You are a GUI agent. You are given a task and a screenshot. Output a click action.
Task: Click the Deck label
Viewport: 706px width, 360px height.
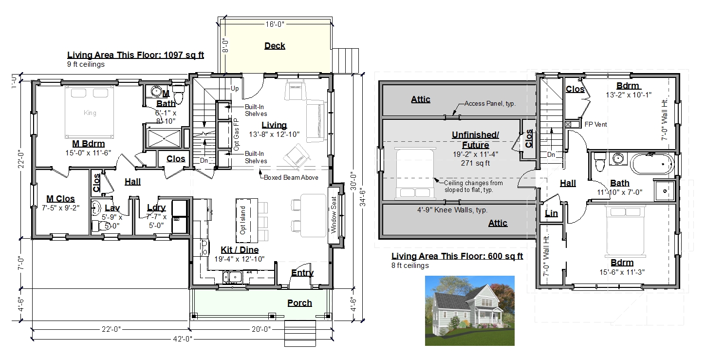pyautogui.click(x=275, y=46)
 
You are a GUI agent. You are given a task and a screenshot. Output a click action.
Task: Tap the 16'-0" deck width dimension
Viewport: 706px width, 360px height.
pyautogui.click(x=275, y=24)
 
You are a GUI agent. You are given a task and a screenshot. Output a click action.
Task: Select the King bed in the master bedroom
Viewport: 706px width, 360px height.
pyautogui.click(x=89, y=112)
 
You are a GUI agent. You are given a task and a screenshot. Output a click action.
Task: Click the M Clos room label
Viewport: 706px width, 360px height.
pyautogui.click(x=60, y=199)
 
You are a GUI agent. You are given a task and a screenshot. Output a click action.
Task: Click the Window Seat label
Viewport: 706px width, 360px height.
pyautogui.click(x=334, y=215)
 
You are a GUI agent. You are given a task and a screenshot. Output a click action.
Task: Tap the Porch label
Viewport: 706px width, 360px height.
pyautogui.click(x=299, y=303)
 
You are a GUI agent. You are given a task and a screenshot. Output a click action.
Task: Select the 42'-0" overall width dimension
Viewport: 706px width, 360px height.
pyautogui.click(x=183, y=339)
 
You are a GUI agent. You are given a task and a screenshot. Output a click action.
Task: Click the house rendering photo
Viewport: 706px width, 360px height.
pyautogui.click(x=470, y=311)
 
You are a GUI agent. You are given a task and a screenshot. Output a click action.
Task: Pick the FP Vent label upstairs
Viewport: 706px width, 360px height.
pyautogui.click(x=595, y=125)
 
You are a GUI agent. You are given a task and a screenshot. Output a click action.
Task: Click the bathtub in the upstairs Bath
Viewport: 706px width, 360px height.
pyautogui.click(x=652, y=164)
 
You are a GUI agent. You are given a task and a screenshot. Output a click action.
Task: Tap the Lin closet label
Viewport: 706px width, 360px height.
pyautogui.click(x=551, y=213)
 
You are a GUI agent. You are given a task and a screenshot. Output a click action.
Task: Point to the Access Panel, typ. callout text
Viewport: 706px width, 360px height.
pyautogui.click(x=490, y=103)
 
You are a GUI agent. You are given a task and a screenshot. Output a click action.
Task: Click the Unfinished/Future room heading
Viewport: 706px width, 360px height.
pyautogui.click(x=475, y=140)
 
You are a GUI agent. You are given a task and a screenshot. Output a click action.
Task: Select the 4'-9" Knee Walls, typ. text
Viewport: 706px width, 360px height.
pyautogui.click(x=452, y=210)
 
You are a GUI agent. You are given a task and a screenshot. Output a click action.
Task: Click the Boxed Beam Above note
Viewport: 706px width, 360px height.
pyautogui.click(x=291, y=177)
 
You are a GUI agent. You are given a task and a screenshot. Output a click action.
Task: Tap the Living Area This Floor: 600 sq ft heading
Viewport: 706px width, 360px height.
pyautogui.click(x=457, y=256)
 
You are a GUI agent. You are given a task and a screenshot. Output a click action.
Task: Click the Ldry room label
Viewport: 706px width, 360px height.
pyautogui.click(x=156, y=208)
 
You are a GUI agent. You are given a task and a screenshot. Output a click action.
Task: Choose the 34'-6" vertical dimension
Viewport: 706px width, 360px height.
pyautogui.click(x=363, y=197)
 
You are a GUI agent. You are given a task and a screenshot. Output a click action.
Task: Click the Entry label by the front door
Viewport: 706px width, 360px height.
pyautogui.click(x=302, y=273)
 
